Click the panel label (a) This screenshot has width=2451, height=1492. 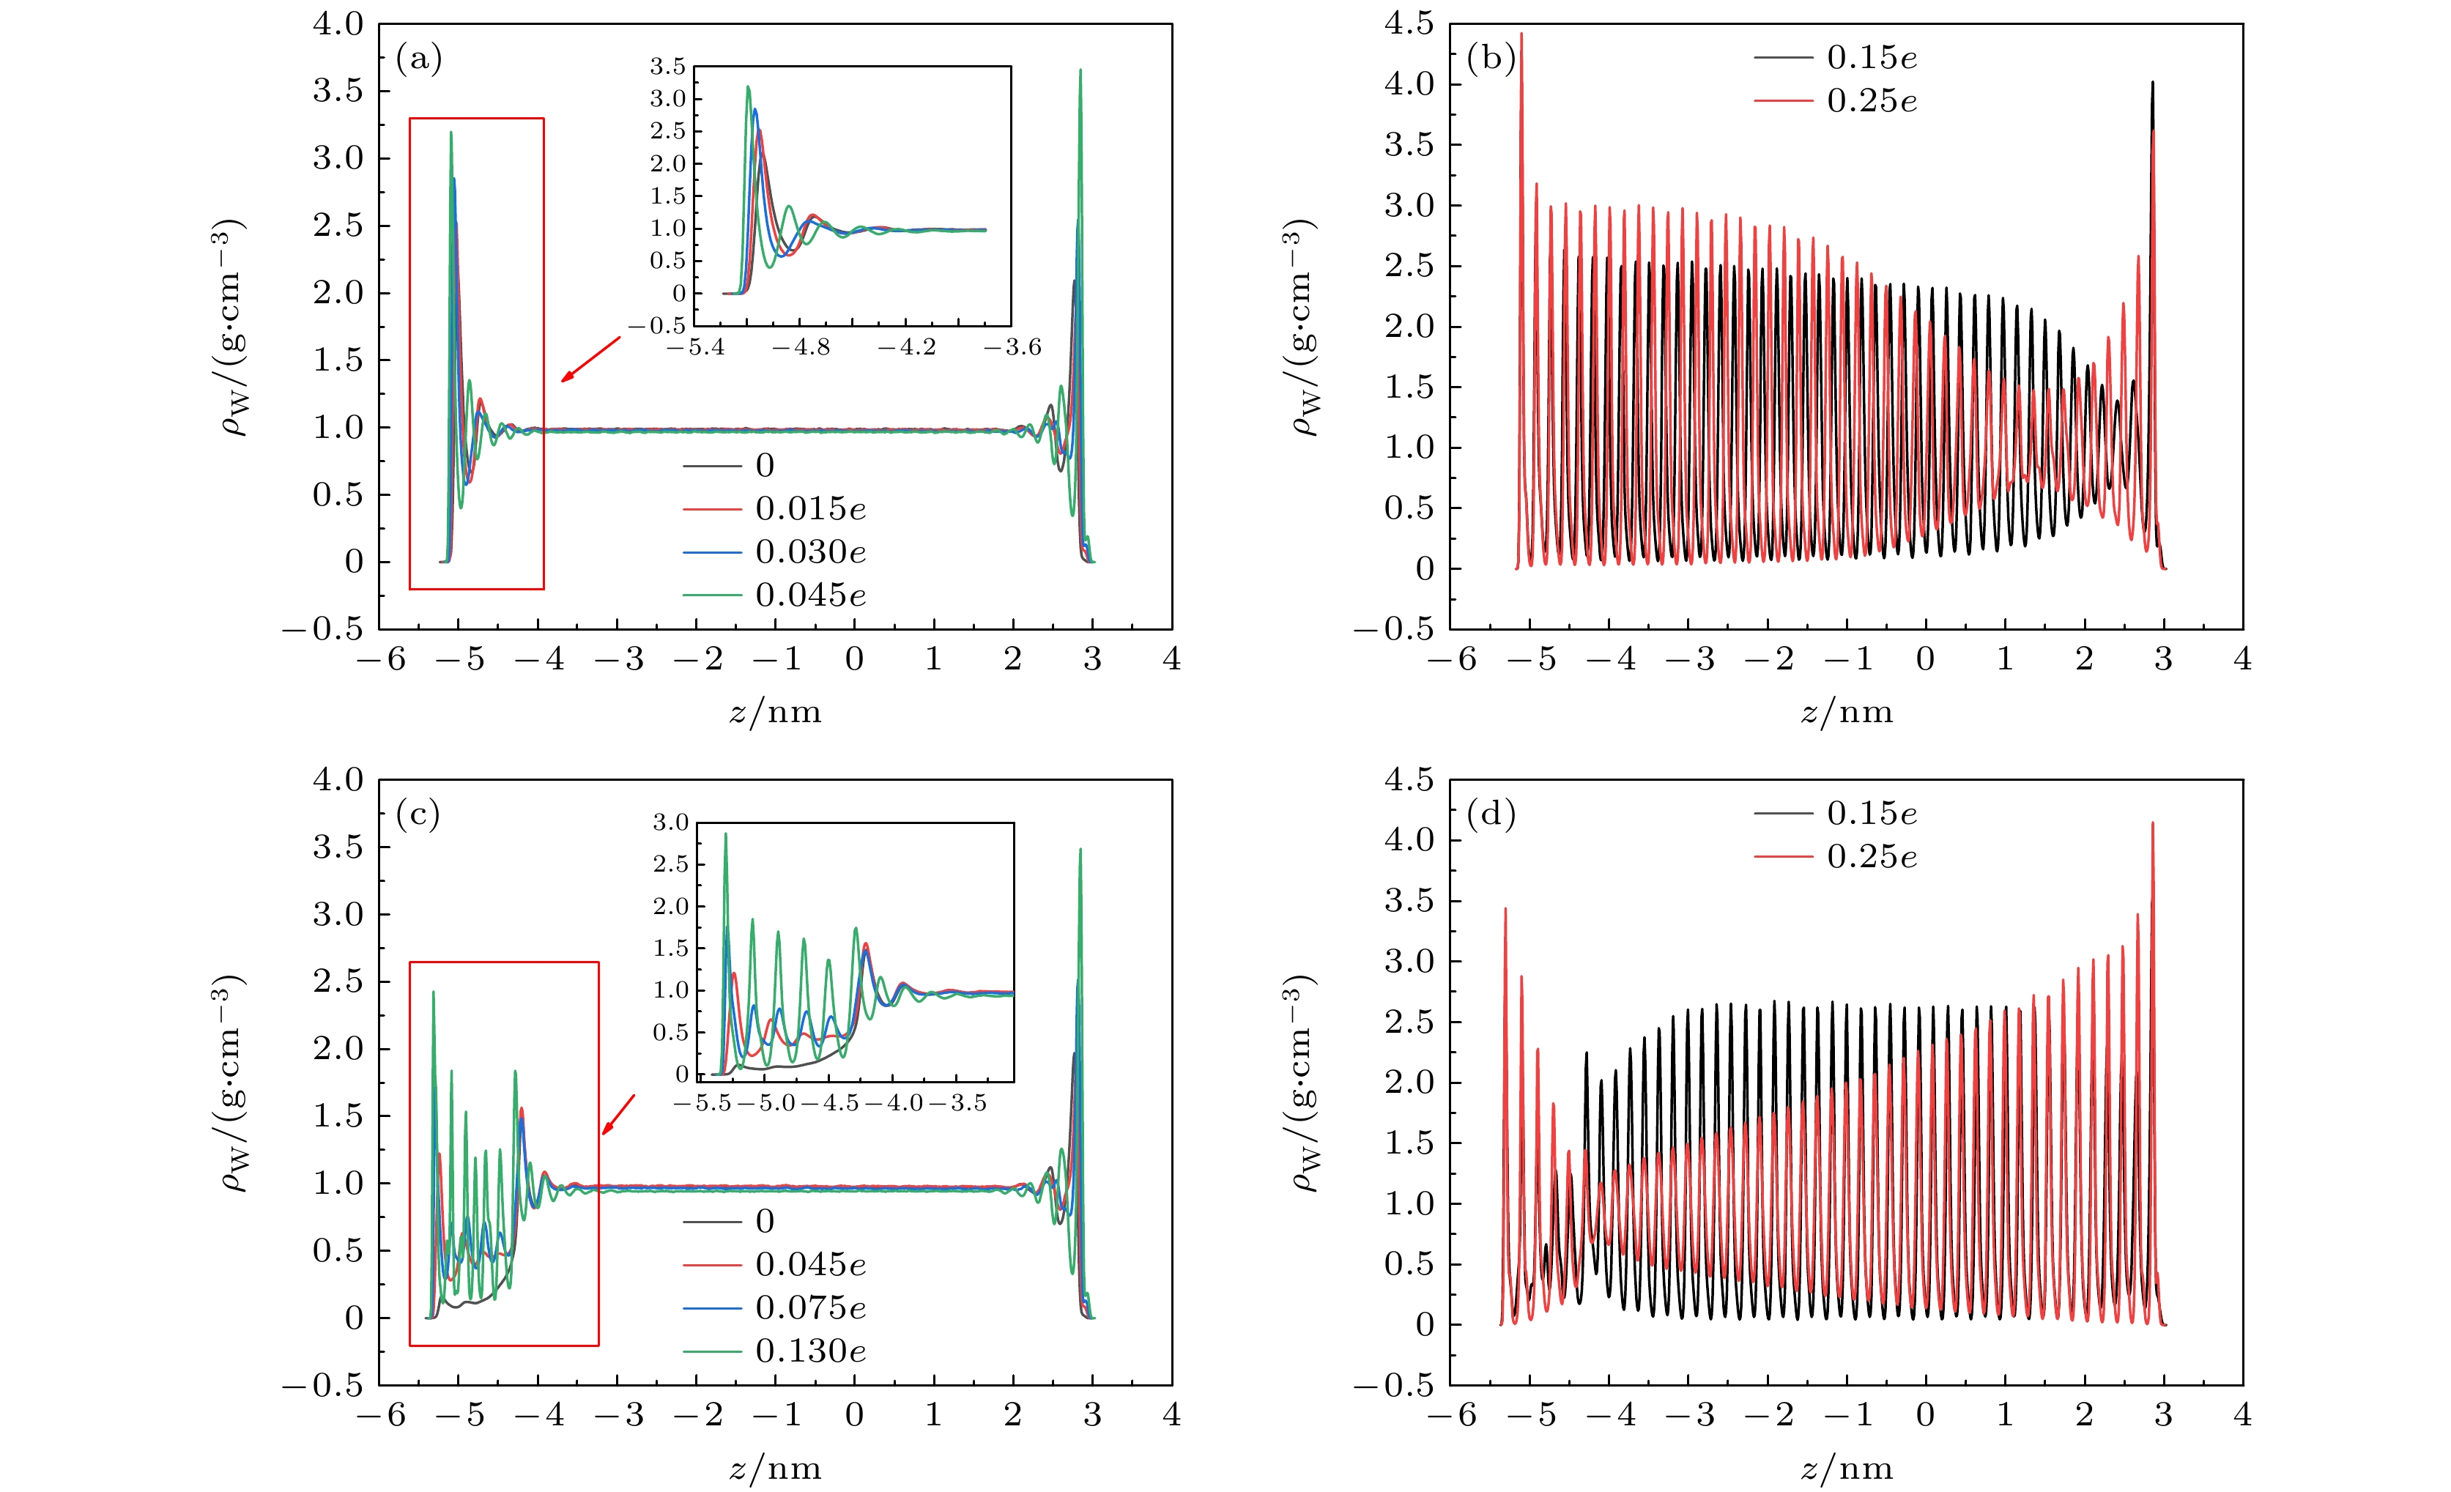418,59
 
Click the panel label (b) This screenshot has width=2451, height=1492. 1490,59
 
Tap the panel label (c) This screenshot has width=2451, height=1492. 418,816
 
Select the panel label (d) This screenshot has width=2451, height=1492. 1490,816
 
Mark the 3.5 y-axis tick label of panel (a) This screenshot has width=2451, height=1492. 338,91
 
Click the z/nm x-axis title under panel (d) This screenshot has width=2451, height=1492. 1846,1468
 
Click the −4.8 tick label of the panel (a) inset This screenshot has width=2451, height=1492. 801,347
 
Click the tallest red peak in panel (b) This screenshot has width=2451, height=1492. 1521,36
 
